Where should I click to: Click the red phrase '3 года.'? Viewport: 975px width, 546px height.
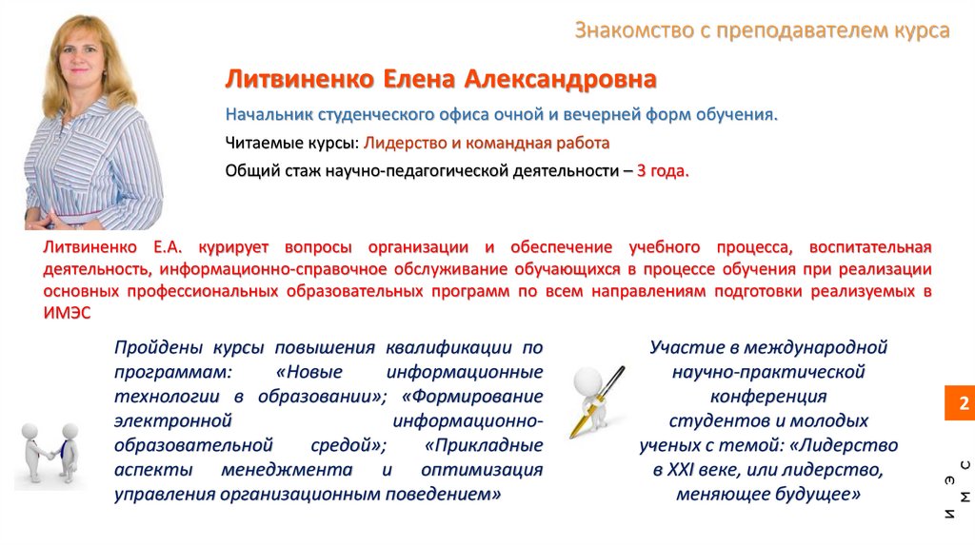pyautogui.click(x=662, y=171)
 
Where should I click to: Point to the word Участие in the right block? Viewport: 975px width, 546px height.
pyautogui.click(x=688, y=347)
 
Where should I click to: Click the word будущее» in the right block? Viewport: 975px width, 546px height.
pyautogui.click(x=822, y=495)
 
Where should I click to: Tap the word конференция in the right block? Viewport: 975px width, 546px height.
pyautogui.click(x=768, y=397)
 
